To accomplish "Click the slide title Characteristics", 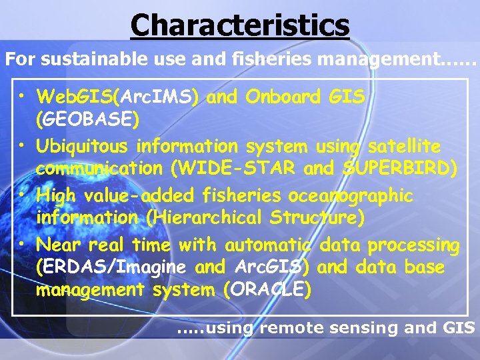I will pyautogui.click(x=240, y=25).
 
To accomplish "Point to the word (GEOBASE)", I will pyautogui.click(x=87, y=121).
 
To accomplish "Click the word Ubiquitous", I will pyautogui.click(x=83, y=146).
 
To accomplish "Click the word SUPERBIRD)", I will pyautogui.click(x=400, y=169).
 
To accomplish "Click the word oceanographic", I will pyautogui.click(x=351, y=196).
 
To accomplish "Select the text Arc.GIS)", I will pyautogui.click(x=271, y=268).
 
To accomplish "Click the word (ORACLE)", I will pyautogui.click(x=268, y=291).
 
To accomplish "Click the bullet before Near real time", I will pyautogui.click(x=23, y=245).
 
